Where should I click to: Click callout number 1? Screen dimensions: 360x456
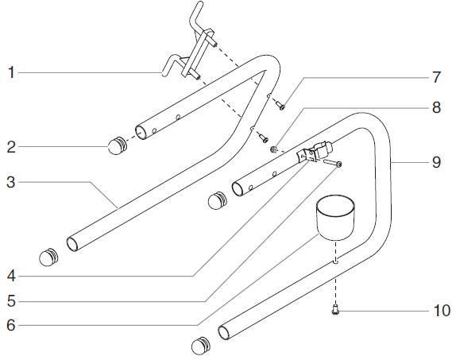click(x=11, y=72)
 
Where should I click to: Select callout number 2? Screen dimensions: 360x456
click(x=11, y=146)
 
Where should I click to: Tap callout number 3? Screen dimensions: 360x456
click(x=11, y=182)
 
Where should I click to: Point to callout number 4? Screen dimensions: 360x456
click(x=11, y=277)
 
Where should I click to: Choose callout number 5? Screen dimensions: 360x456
click(x=11, y=301)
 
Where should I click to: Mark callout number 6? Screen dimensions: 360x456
click(x=11, y=324)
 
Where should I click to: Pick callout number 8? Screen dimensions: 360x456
click(x=436, y=107)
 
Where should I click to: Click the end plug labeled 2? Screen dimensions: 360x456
click(x=118, y=145)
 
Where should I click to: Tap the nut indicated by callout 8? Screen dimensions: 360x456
click(x=273, y=147)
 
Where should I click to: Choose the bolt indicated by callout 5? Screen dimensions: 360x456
click(x=333, y=163)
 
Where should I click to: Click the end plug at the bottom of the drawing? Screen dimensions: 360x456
click(x=202, y=345)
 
